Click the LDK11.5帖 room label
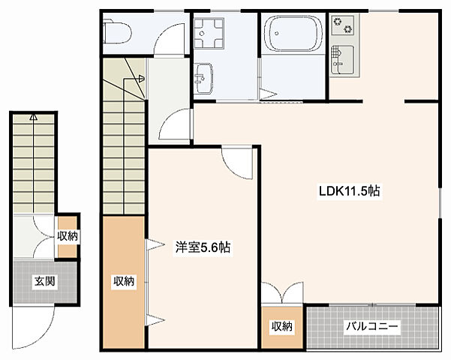click(x=350, y=191)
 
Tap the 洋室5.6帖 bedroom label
click(x=203, y=246)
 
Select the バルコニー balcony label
click(x=371, y=327)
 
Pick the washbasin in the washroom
click(x=204, y=76)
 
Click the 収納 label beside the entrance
click(x=68, y=236)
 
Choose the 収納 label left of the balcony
click(x=282, y=327)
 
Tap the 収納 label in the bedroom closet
click(x=124, y=282)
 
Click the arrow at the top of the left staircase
click(x=33, y=117)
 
